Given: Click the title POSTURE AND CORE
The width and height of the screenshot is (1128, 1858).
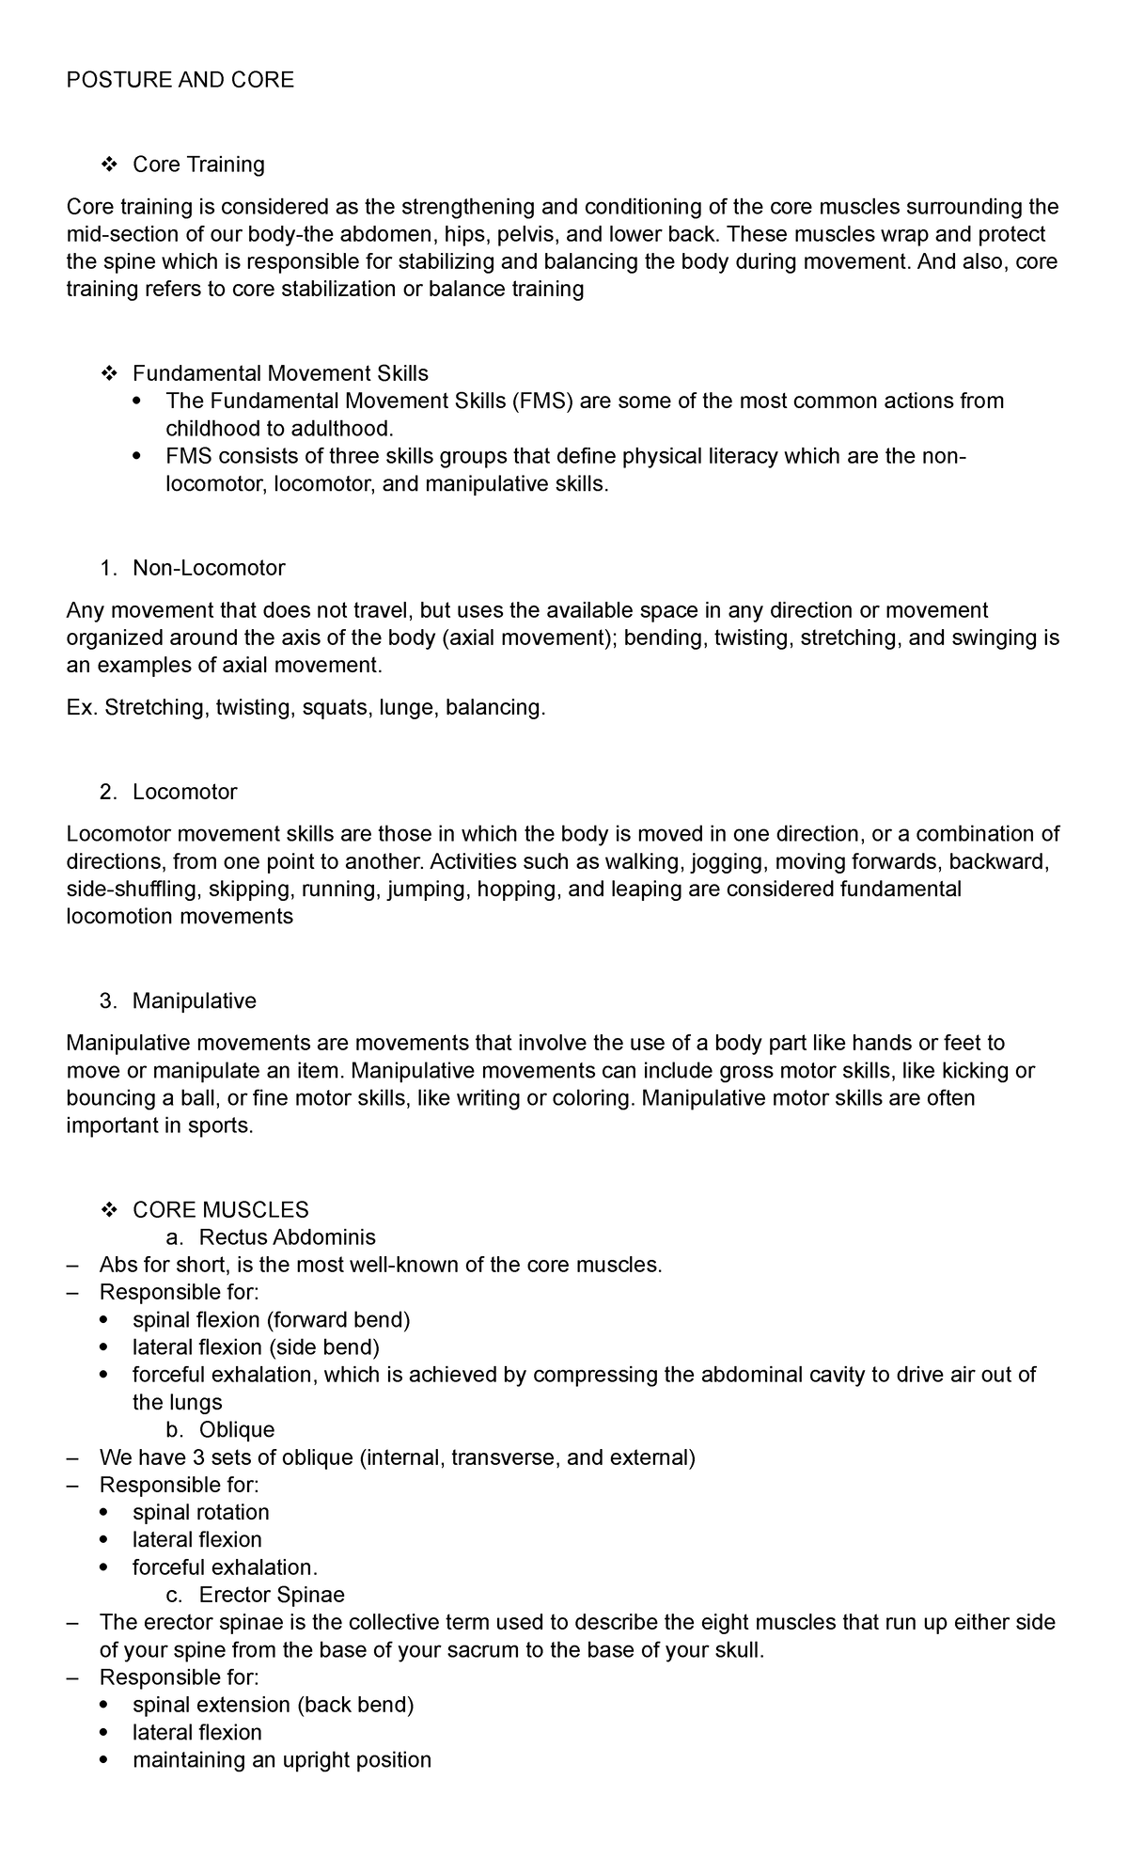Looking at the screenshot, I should (180, 80).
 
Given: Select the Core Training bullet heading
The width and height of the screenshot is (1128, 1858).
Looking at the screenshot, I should (198, 165).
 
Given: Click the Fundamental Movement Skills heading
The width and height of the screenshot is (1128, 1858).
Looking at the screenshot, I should (280, 373).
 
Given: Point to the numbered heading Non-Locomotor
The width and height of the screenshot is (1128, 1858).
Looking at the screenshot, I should (209, 568).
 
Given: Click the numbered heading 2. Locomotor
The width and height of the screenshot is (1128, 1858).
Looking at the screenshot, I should (184, 792).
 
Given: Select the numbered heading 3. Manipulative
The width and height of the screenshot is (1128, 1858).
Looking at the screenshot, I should (194, 1000).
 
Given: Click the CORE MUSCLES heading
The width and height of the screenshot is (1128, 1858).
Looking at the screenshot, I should (220, 1209).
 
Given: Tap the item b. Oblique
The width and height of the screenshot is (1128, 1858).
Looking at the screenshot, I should (237, 1429).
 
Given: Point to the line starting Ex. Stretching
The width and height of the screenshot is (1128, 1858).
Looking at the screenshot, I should (305, 707).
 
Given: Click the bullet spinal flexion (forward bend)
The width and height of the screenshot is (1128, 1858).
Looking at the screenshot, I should (271, 1319).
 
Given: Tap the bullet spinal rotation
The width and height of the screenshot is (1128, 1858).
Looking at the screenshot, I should (200, 1512).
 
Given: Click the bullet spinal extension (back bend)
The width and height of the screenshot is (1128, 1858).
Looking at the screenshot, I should (273, 1705).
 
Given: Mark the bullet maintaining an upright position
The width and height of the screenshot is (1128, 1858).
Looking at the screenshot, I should (281, 1759).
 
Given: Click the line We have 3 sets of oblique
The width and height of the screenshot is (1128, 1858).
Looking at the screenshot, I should (397, 1457).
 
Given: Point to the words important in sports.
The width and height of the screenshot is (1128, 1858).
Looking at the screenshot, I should (160, 1126).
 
